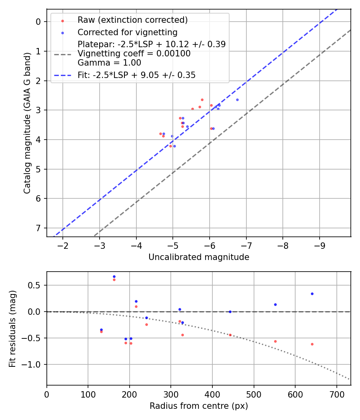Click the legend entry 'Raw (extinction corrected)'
coord(132,20)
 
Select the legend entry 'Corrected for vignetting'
coord(127,32)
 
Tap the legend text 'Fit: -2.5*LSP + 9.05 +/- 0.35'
coord(136,75)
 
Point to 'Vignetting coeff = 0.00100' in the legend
coord(134,53)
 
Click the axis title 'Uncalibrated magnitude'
coord(199,257)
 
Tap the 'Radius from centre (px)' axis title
coord(199,406)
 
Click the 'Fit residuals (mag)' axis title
coord(13,328)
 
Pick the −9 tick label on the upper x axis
coord(320,245)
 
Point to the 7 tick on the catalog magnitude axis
coord(39,228)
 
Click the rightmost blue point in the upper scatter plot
coord(237,100)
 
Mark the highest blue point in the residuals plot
coord(114,276)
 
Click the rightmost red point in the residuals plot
coord(312,344)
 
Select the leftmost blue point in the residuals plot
coord(101,330)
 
